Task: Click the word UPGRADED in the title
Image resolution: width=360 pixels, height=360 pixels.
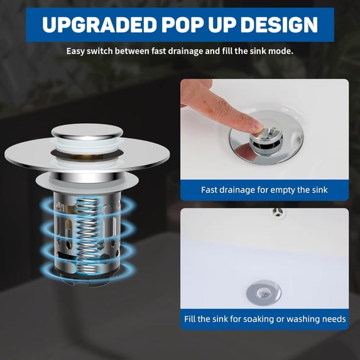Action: click(100, 25)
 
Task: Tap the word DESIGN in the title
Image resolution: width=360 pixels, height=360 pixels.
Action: click(279, 25)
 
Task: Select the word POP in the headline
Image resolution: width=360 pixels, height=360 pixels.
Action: click(184, 25)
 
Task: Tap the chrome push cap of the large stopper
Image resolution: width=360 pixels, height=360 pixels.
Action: click(87, 132)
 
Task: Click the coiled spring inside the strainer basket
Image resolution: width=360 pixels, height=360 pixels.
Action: click(87, 236)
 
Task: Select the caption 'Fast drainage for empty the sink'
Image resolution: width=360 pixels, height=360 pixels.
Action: click(265, 190)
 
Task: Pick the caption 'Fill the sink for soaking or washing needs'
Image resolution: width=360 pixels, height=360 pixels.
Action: click(265, 319)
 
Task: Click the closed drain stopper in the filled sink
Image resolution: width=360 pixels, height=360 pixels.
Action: click(263, 293)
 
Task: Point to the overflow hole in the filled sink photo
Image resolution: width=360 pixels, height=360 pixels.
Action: click(278, 212)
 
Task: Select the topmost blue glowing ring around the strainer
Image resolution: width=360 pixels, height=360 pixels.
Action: click(89, 205)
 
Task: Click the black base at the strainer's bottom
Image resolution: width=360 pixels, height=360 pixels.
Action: click(88, 278)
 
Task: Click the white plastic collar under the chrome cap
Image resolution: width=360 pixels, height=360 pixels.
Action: click(87, 145)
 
